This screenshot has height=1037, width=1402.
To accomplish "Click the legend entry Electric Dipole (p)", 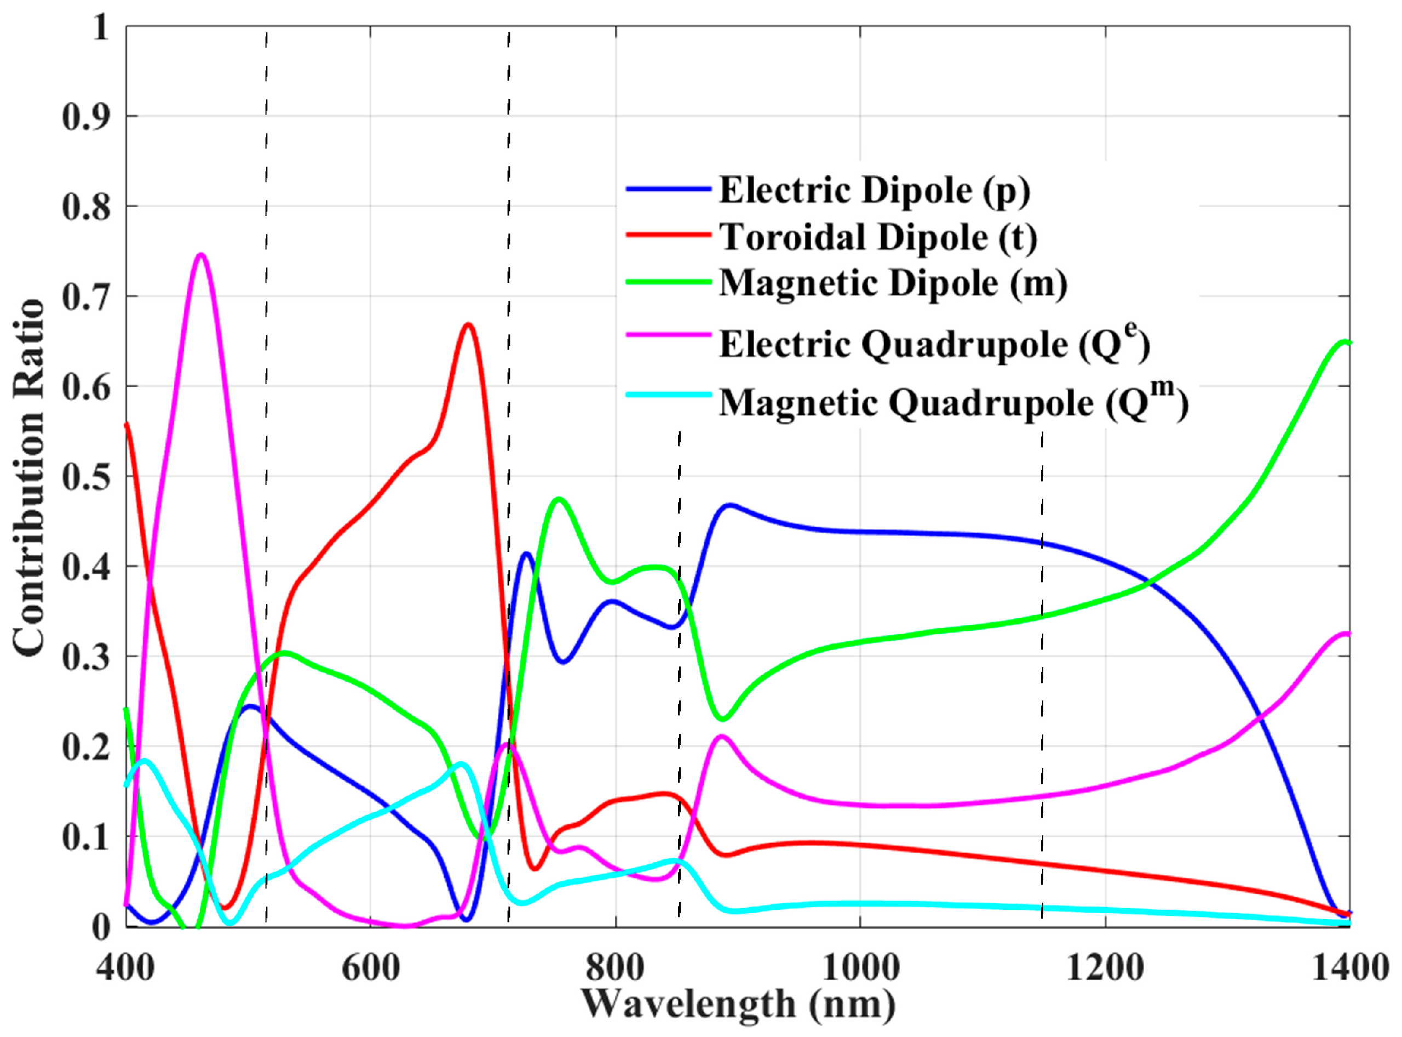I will [875, 190].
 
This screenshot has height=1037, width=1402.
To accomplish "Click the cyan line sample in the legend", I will [669, 395].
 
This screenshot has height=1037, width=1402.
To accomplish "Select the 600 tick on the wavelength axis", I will [370, 967].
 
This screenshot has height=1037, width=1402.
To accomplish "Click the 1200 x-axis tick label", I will [1105, 967].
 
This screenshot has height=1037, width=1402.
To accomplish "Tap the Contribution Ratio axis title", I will [29, 477].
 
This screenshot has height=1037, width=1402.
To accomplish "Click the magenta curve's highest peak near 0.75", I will [201, 255].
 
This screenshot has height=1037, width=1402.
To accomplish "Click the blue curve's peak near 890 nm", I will [729, 505].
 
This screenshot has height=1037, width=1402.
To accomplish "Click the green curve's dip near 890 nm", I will [723, 719].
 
